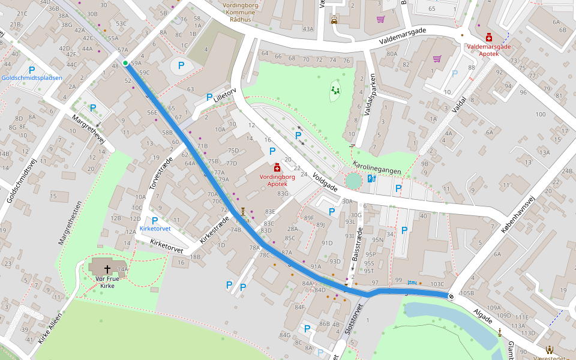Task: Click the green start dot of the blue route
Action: [x=125, y=63]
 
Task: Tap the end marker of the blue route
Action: [x=451, y=296]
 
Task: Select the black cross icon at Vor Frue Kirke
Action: [x=108, y=269]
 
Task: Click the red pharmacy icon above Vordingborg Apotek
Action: [x=277, y=168]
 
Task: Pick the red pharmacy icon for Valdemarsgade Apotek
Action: [x=489, y=37]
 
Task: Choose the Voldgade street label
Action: [x=326, y=182]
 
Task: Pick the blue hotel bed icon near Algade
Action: [x=411, y=282]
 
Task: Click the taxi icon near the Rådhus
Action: [x=334, y=19]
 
